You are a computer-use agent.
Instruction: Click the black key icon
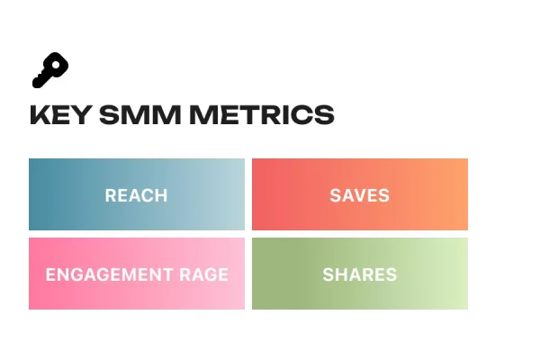(50, 70)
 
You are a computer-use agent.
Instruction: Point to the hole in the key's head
(58, 64)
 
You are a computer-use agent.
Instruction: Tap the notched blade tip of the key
(38, 84)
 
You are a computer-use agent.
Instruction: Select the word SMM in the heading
(132, 115)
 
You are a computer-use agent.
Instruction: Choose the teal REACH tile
(137, 194)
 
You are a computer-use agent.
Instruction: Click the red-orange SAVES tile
(360, 194)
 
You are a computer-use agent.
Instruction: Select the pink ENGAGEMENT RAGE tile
(137, 274)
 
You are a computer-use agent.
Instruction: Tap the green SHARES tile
(360, 274)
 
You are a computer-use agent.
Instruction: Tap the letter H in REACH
(162, 195)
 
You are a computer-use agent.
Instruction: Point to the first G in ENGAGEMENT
(74, 274)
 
